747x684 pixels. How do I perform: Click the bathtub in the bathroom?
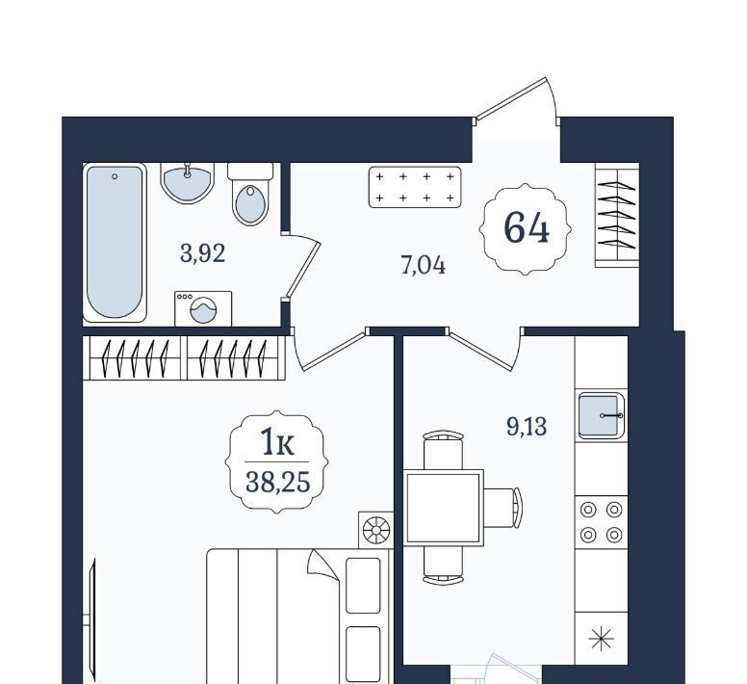tap(115, 243)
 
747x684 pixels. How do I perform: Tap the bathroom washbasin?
tap(187, 183)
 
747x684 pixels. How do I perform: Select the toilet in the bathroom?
tap(250, 194)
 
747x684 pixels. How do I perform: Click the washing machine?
tap(203, 309)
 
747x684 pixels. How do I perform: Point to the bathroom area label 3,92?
tap(202, 253)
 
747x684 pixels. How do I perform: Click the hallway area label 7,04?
tap(423, 266)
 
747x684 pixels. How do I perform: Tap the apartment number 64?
tap(526, 228)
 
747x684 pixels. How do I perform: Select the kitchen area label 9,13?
tap(527, 426)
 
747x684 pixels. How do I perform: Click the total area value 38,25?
tap(278, 483)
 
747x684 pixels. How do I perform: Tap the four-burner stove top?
tap(602, 522)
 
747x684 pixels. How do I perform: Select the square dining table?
tap(443, 508)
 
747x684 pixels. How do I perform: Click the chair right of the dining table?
tap(502, 508)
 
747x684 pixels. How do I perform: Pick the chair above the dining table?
tap(443, 450)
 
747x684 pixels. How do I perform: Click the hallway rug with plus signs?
tap(415, 187)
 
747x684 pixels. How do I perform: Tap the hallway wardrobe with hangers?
tap(617, 215)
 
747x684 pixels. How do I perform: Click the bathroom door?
tap(302, 268)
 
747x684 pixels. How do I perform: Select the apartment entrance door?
tap(517, 101)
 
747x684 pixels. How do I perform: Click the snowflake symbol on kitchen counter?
tap(602, 639)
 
